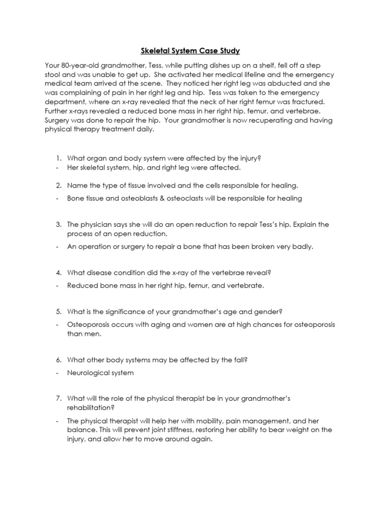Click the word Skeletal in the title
coord(151,51)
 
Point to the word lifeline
coord(243,74)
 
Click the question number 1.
coord(58,158)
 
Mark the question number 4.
coord(58,272)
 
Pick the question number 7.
coord(58,398)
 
